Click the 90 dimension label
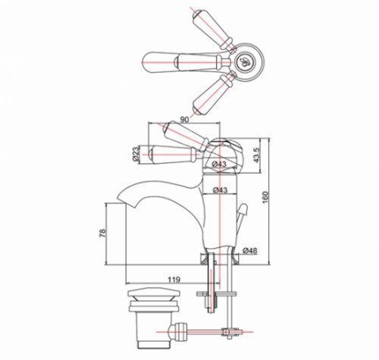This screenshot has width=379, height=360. (x=185, y=119)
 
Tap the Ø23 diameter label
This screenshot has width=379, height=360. (x=136, y=154)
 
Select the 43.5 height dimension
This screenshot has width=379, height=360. (x=256, y=155)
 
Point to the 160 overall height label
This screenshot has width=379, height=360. (x=265, y=198)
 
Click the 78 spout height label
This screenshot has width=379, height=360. (x=103, y=233)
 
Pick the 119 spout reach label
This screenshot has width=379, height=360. (x=174, y=280)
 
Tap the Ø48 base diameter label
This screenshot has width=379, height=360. (x=250, y=250)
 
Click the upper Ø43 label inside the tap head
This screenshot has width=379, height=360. (x=219, y=164)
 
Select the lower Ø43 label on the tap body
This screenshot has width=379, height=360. (x=220, y=190)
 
